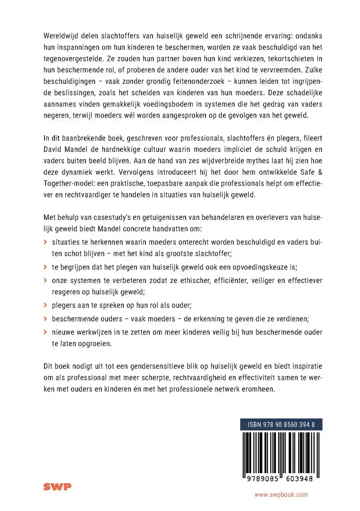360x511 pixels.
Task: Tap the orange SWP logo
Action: (x=57, y=486)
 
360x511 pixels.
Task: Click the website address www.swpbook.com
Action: (x=281, y=494)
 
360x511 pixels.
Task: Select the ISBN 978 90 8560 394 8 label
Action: (x=281, y=424)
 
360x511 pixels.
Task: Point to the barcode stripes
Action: (x=281, y=452)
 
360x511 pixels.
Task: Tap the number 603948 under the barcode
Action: (x=301, y=479)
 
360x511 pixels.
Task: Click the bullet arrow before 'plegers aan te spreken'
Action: (x=45, y=305)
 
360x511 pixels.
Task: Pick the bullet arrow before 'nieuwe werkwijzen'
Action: (x=45, y=331)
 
